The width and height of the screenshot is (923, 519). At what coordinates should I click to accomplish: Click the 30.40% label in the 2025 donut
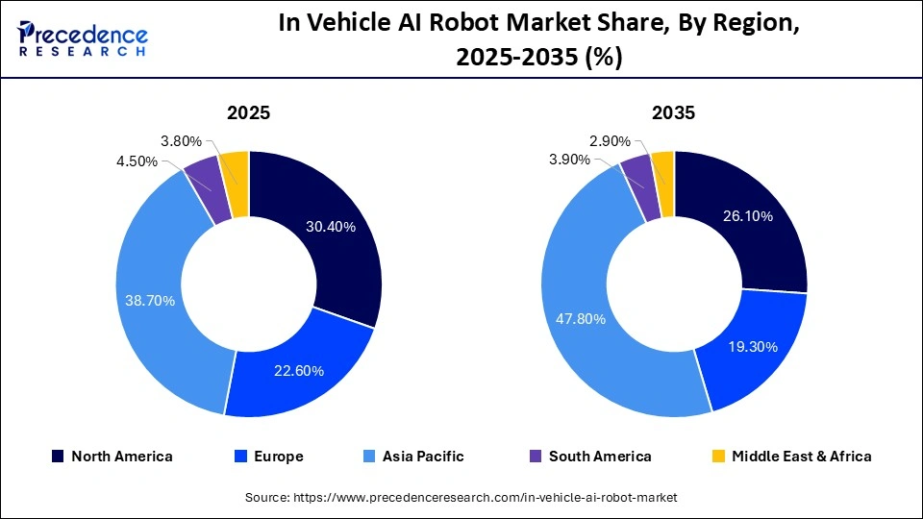331,228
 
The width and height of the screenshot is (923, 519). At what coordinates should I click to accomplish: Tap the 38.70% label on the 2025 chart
150,301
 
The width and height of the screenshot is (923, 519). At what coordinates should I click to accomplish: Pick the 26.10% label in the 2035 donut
748,216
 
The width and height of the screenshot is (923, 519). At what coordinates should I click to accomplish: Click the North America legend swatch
59,457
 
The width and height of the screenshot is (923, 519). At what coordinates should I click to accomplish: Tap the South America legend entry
587,457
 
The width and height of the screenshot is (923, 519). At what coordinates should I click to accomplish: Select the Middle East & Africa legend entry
789,457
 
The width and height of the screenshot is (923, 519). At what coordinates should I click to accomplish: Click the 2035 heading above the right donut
673,112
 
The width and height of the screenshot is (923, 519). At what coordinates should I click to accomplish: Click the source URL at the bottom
461,497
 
